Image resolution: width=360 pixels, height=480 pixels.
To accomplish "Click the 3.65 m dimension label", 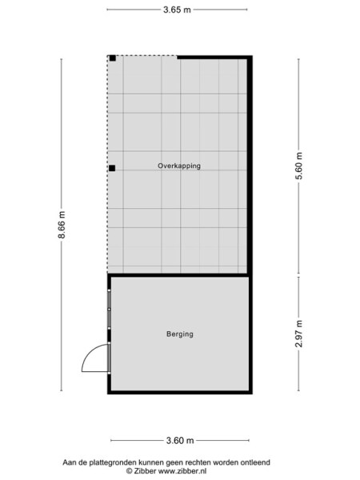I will tap(178, 11).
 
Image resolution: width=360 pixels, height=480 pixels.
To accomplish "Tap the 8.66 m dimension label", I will tap(62, 226).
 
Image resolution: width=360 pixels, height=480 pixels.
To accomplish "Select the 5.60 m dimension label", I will tap(299, 166).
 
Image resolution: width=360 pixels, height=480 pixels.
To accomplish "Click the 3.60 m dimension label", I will tap(179, 440).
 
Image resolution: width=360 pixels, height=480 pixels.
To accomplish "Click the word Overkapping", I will tap(178, 166).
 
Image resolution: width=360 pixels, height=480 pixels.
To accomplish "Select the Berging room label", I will tap(180, 334).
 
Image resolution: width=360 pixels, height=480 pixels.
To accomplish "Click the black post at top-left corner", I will tap(113, 58).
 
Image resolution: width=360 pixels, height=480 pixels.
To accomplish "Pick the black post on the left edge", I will tap(113, 168).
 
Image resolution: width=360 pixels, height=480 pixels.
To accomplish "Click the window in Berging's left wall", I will tap(109, 310).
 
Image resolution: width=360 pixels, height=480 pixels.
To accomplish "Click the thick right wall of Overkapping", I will tap(250, 160).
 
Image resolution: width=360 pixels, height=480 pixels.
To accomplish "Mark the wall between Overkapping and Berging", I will tap(180, 274).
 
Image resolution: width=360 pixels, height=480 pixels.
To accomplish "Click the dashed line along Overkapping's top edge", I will tap(144, 56).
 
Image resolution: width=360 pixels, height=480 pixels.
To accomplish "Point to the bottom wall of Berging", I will tap(180, 391).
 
